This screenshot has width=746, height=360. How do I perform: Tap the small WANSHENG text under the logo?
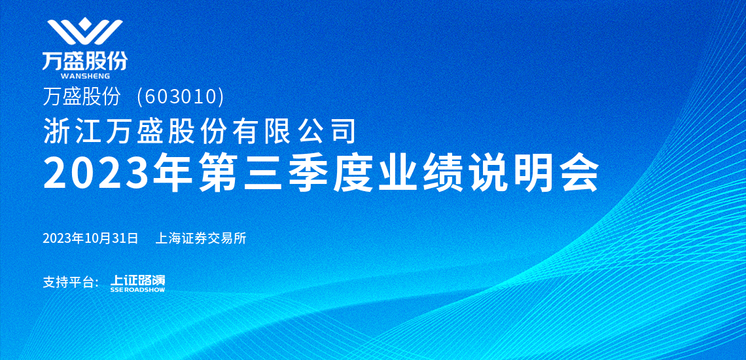tap(86, 76)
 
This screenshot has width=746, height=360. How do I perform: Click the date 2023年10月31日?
tap(90, 238)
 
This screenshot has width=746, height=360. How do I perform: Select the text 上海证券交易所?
tap(201, 238)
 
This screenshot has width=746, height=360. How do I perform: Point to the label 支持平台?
tap(71, 282)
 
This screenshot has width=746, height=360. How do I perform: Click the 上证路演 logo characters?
tap(137, 280)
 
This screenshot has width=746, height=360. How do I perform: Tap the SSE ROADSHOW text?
tap(137, 289)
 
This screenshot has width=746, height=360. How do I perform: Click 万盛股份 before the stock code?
tap(81, 97)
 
